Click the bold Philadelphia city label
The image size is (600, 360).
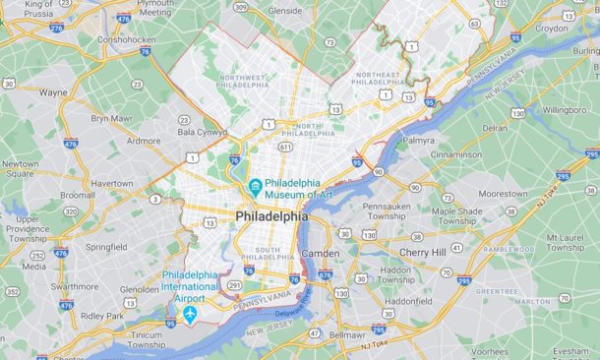pyautogui.click(x=270, y=216)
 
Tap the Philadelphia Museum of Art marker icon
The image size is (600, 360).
pyautogui.click(x=255, y=186)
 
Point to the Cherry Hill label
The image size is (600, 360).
pyautogui.click(x=422, y=253)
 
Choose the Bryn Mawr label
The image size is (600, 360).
pyautogui.click(x=111, y=118)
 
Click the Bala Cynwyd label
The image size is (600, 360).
pyautogui.click(x=202, y=131)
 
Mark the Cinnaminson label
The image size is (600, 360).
pyautogui.click(x=455, y=155)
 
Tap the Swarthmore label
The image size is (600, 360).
pyautogui.click(x=73, y=286)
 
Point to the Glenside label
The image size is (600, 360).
pyautogui.click(x=285, y=11)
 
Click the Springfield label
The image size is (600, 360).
pyautogui.click(x=105, y=247)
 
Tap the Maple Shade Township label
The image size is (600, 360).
pyautogui.click(x=456, y=216)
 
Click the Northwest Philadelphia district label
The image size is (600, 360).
pyautogui.click(x=244, y=81)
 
